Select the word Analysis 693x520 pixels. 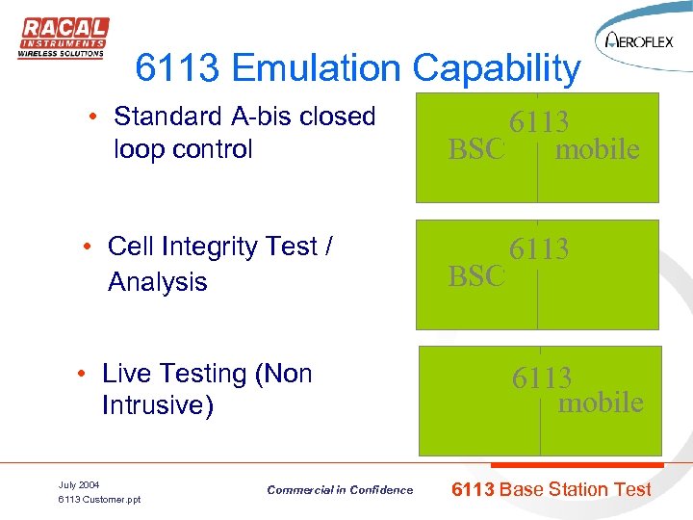[158, 281]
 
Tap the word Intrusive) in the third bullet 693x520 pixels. [157, 405]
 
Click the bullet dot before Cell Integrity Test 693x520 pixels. [88, 248]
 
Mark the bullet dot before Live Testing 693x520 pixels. [83, 375]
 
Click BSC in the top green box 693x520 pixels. [476, 149]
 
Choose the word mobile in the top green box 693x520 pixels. [597, 149]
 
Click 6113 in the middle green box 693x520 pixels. [539, 248]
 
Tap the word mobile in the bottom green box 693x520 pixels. [601, 402]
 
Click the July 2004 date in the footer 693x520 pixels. [79, 484]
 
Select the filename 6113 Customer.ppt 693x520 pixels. [99, 500]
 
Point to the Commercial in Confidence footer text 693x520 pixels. [340, 490]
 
